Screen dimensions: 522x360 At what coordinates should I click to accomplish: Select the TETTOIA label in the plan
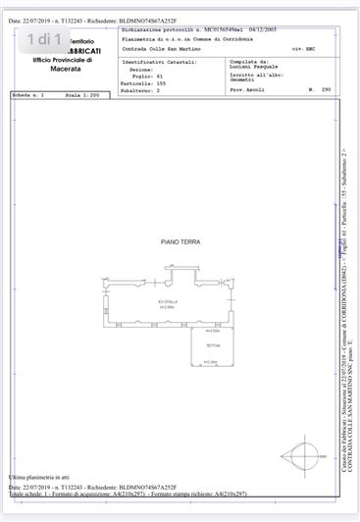[212, 346]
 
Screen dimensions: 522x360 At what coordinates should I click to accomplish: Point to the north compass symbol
[298, 454]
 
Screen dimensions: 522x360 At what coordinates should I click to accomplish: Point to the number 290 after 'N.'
[326, 89]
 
